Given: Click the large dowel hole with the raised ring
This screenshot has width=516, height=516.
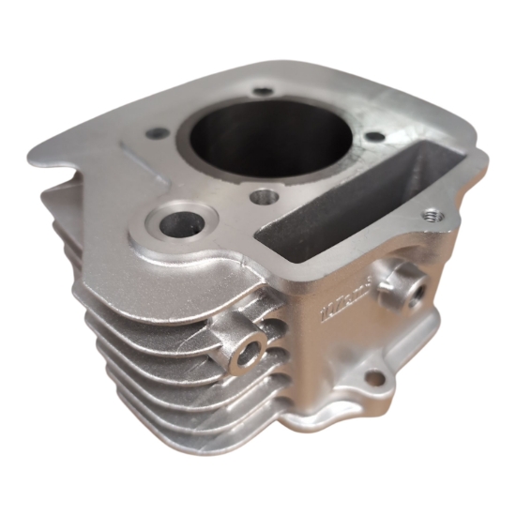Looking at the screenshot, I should [177, 226].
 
